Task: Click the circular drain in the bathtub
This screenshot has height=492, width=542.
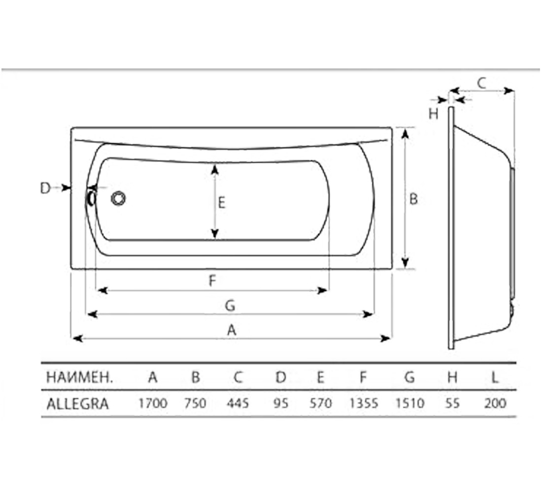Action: tap(118, 199)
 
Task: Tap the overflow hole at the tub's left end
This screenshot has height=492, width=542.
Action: tap(91, 198)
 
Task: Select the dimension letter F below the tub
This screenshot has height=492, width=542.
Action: tap(212, 280)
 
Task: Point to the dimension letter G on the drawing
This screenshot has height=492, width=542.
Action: tap(230, 306)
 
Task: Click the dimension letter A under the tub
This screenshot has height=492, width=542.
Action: tap(231, 330)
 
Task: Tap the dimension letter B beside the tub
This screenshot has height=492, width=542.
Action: tap(413, 199)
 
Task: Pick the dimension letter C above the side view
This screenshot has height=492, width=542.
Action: tap(481, 83)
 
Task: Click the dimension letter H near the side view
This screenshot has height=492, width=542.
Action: tap(434, 114)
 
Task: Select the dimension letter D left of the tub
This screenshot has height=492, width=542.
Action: tap(45, 188)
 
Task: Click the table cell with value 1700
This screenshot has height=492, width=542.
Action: tap(153, 403)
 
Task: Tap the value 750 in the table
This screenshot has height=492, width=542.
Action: tap(195, 403)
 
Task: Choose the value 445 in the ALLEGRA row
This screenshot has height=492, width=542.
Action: tap(238, 403)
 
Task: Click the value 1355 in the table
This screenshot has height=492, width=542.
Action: tap(364, 403)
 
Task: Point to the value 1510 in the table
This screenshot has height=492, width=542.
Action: tap(409, 403)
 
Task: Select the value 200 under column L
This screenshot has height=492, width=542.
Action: tap(495, 403)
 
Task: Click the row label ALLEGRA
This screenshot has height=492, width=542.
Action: tap(77, 403)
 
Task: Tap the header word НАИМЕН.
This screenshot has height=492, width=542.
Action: tap(79, 377)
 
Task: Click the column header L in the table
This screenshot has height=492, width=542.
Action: tap(495, 377)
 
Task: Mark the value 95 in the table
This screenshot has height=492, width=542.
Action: tap(281, 403)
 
